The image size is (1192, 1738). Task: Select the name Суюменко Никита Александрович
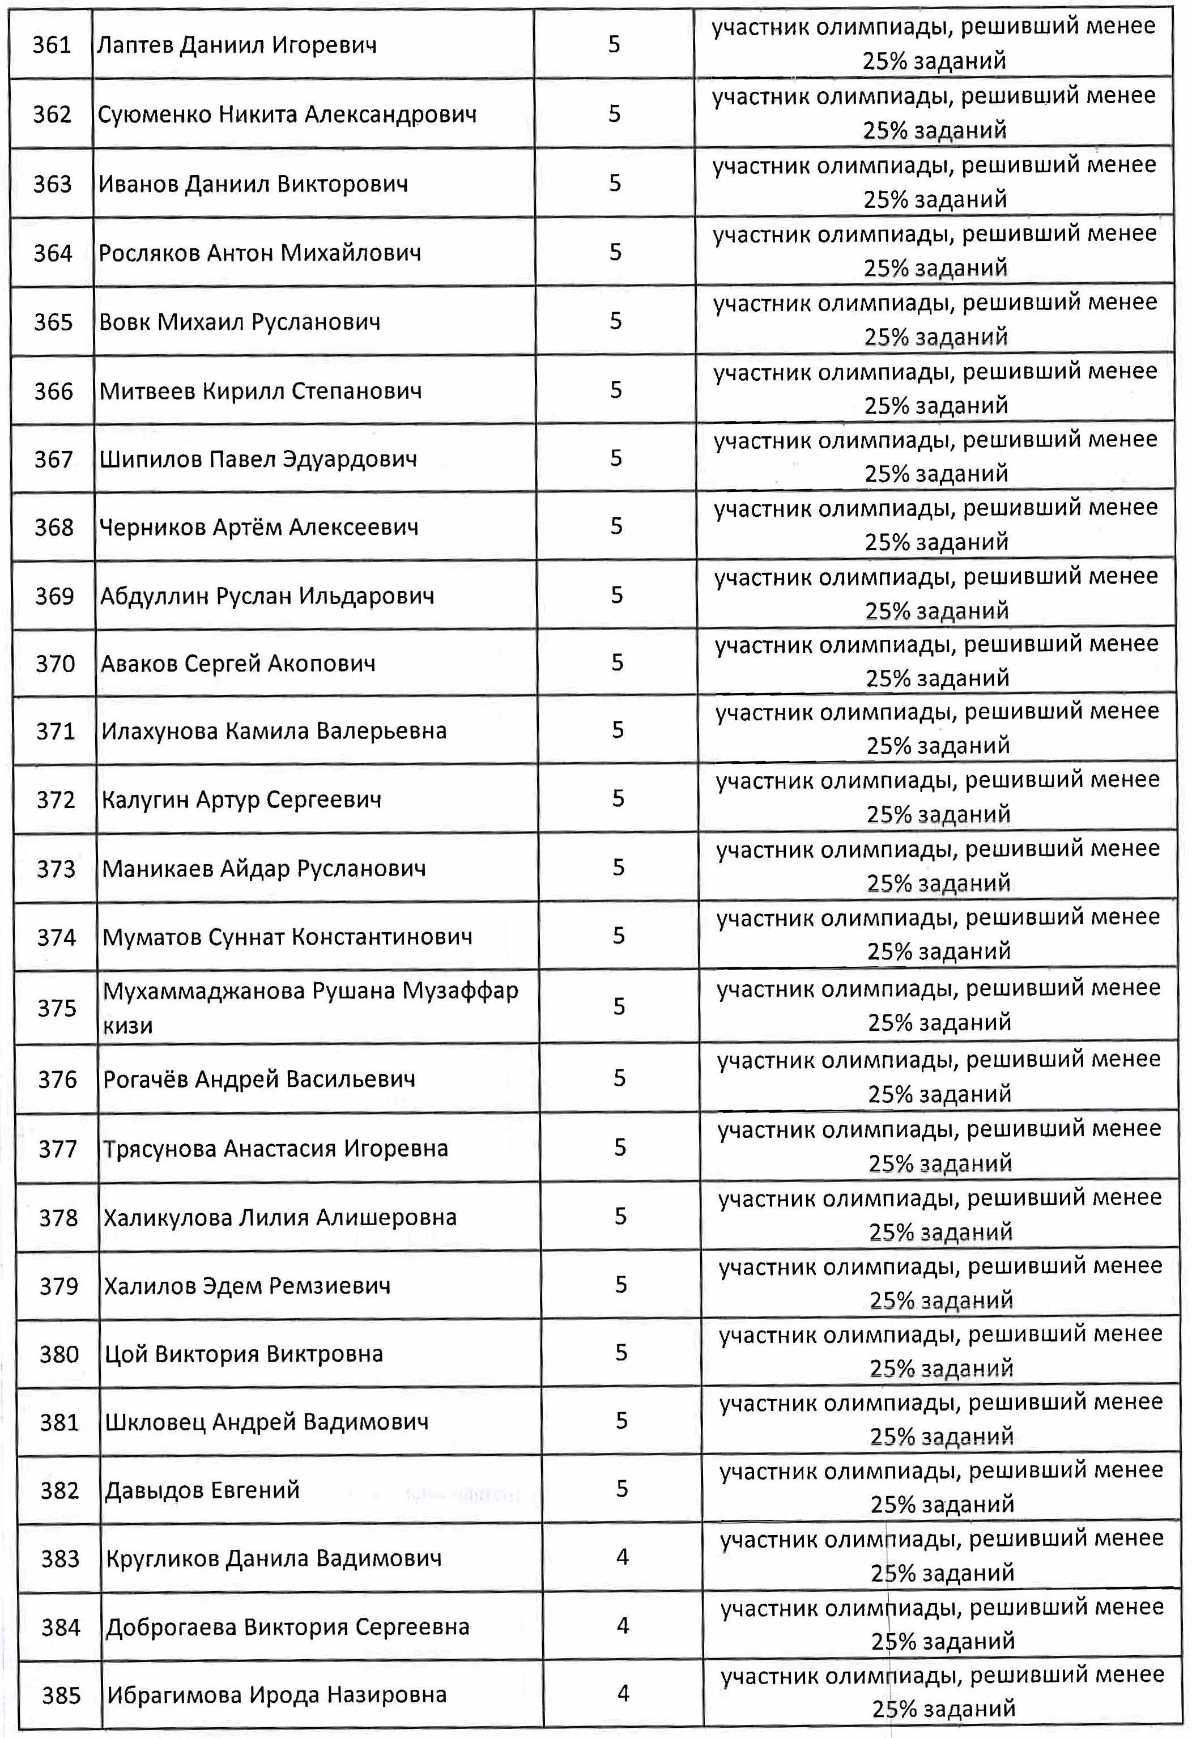[x=287, y=114]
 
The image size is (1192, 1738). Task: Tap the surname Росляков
[x=149, y=253]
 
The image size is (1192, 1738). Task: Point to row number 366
[x=54, y=391]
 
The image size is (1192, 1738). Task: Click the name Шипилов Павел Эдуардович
[x=258, y=459]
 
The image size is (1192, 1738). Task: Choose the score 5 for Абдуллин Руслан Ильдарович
[x=617, y=595]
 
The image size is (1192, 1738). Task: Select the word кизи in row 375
[x=128, y=1025]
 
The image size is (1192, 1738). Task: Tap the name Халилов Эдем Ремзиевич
[x=247, y=1286]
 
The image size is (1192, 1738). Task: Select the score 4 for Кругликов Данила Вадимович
[x=622, y=1558]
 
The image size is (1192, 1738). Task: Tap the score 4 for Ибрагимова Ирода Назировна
[x=624, y=1694]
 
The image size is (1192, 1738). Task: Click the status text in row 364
[x=935, y=250]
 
